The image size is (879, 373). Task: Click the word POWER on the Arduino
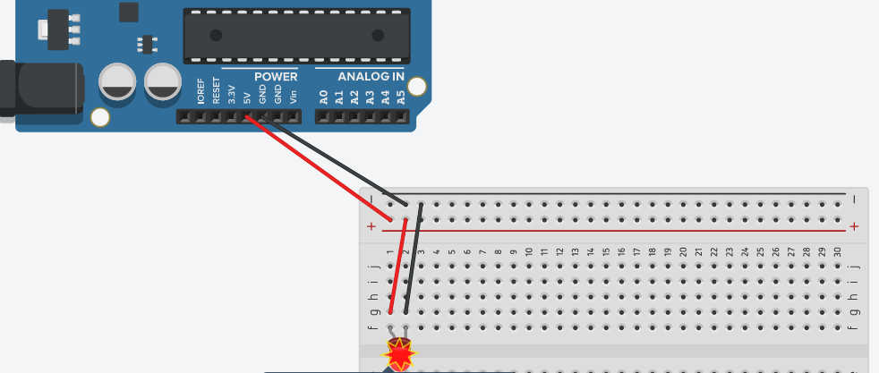click(x=276, y=77)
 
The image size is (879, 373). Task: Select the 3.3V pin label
click(x=231, y=95)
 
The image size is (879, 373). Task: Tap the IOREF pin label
click(x=201, y=94)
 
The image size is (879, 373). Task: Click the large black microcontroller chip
click(x=296, y=36)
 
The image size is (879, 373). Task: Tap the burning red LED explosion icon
click(x=398, y=355)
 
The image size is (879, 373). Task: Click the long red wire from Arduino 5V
click(x=318, y=170)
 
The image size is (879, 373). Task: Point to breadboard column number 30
click(x=836, y=253)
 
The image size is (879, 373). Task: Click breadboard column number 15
click(x=606, y=253)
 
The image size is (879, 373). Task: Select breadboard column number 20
click(x=683, y=253)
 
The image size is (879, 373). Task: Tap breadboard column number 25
click(x=759, y=253)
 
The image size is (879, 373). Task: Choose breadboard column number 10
click(x=529, y=253)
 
